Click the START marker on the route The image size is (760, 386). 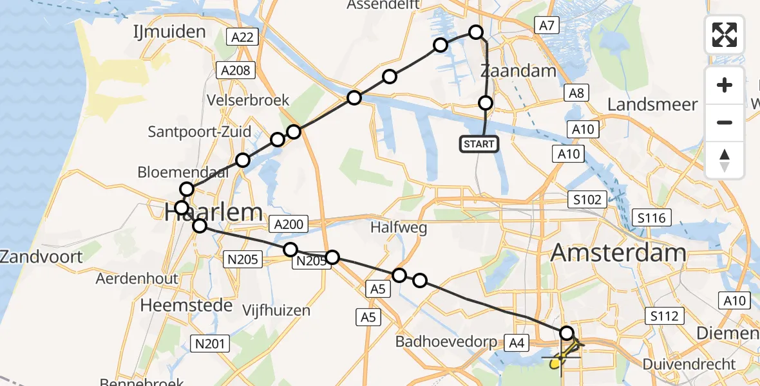pos(479,144)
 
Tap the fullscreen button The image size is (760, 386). pos(725,35)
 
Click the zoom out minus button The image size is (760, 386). pos(725,122)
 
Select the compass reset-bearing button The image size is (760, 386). pos(725,160)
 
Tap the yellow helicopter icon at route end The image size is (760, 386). pos(560,358)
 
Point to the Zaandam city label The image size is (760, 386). pos(518,71)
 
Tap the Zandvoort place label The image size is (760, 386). pos(41,257)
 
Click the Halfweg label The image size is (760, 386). pos(399,228)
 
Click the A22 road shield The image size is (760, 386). pos(242,37)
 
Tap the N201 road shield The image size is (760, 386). pos(211,344)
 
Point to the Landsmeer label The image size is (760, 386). pos(652,104)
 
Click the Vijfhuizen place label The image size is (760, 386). pos(276,310)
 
